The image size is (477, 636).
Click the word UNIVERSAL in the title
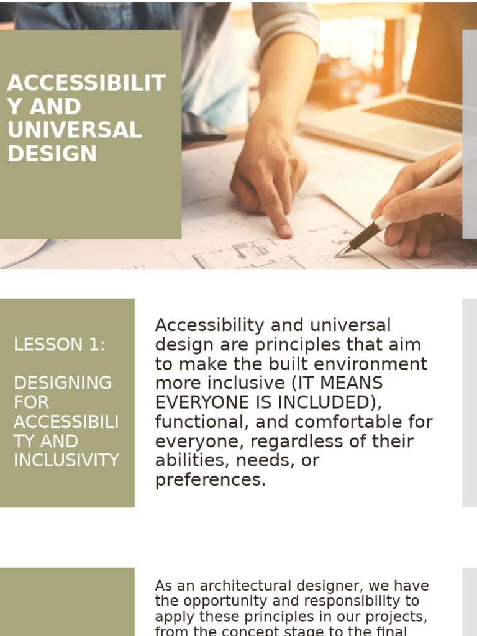pyautogui.click(x=75, y=130)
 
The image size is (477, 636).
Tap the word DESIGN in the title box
pyautogui.click(x=52, y=154)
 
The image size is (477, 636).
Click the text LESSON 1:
pyautogui.click(x=60, y=345)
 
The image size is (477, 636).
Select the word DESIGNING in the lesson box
pyautogui.click(x=63, y=383)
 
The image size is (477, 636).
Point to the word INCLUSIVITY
pyautogui.click(x=66, y=460)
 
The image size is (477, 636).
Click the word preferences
pyautogui.click(x=210, y=480)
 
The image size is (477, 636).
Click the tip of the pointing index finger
pyautogui.click(x=286, y=232)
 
